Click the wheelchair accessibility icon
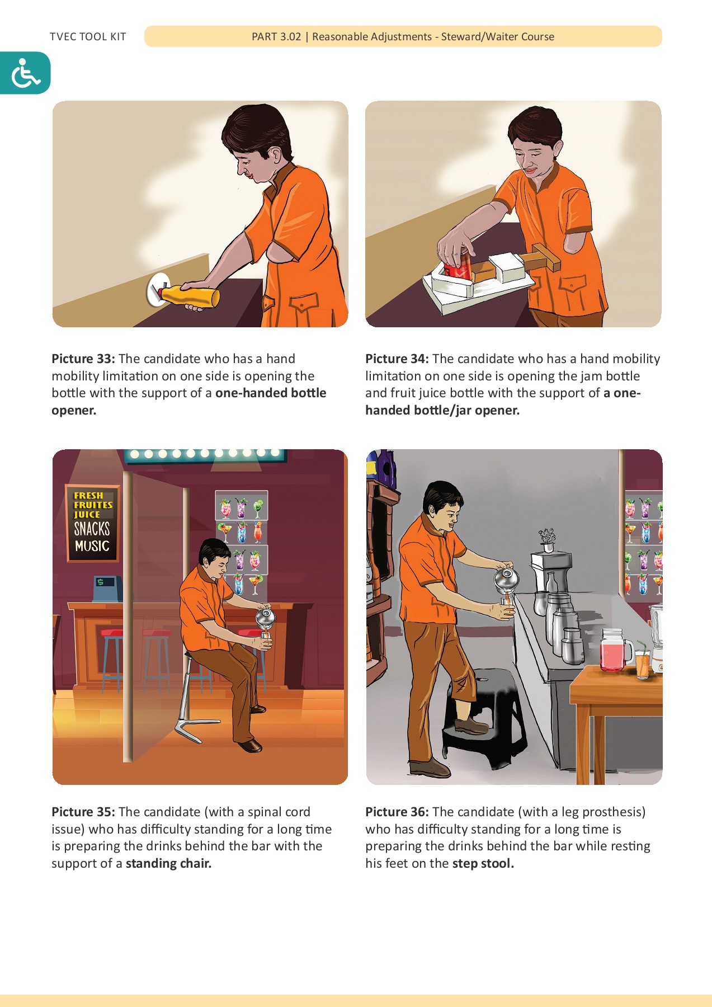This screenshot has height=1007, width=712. click(x=25, y=73)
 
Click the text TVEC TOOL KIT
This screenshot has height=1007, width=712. click(x=88, y=37)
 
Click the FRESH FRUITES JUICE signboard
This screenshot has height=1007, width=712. click(x=92, y=523)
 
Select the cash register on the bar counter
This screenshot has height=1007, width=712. click(x=106, y=587)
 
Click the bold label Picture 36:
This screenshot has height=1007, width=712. click(x=397, y=812)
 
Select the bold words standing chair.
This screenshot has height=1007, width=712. click(x=168, y=863)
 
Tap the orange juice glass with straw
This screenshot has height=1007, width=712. click(x=643, y=663)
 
